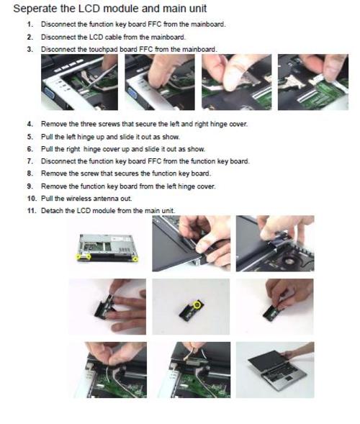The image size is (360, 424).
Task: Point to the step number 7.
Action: tap(30, 161)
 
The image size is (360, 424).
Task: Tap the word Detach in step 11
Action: tap(51, 210)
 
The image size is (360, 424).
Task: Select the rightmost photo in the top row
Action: tap(312, 81)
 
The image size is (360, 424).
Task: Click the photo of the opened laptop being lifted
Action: tap(274, 369)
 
